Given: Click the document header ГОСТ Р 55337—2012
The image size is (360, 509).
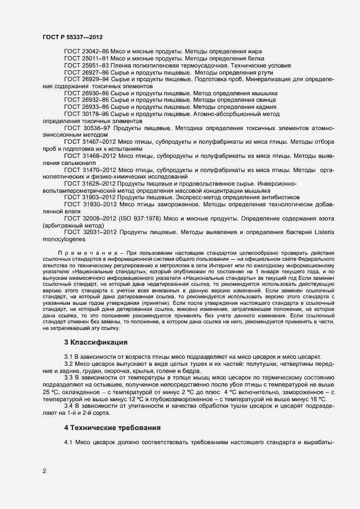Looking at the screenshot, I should click(x=72, y=36).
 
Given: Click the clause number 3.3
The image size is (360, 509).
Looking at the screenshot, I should click(x=69, y=377).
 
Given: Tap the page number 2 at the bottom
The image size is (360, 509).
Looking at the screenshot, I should click(x=44, y=471).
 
